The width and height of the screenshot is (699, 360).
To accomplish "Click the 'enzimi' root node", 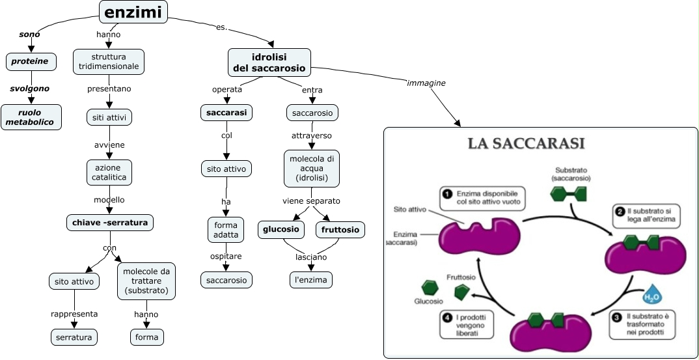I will [x=133, y=12].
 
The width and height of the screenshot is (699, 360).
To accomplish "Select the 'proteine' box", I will [x=31, y=62].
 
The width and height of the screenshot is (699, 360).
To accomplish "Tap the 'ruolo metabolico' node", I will [x=31, y=117].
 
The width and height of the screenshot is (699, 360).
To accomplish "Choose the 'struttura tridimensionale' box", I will [x=109, y=62].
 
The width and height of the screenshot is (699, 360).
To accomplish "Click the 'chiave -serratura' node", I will [x=110, y=223].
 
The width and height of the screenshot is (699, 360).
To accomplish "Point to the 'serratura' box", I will [x=74, y=337].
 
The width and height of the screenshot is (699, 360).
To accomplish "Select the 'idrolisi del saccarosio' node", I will [x=269, y=62].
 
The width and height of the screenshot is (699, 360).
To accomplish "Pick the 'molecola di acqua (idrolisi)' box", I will [x=312, y=168].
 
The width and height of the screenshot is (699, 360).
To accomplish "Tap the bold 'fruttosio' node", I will [x=340, y=229].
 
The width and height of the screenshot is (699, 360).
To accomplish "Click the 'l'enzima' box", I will [x=311, y=280].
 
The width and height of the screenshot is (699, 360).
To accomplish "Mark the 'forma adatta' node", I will [x=226, y=229].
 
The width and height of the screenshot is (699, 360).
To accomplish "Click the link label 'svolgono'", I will [x=29, y=89].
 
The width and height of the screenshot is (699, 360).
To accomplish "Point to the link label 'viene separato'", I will [x=311, y=201].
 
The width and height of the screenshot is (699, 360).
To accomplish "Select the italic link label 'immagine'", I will [x=426, y=83].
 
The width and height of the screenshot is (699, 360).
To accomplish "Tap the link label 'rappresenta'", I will [x=74, y=314].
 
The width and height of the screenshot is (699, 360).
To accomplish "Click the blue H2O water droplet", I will [x=652, y=296].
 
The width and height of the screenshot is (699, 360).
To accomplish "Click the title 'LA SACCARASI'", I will [x=526, y=143].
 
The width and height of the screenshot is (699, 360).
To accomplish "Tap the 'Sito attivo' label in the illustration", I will [x=410, y=210].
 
